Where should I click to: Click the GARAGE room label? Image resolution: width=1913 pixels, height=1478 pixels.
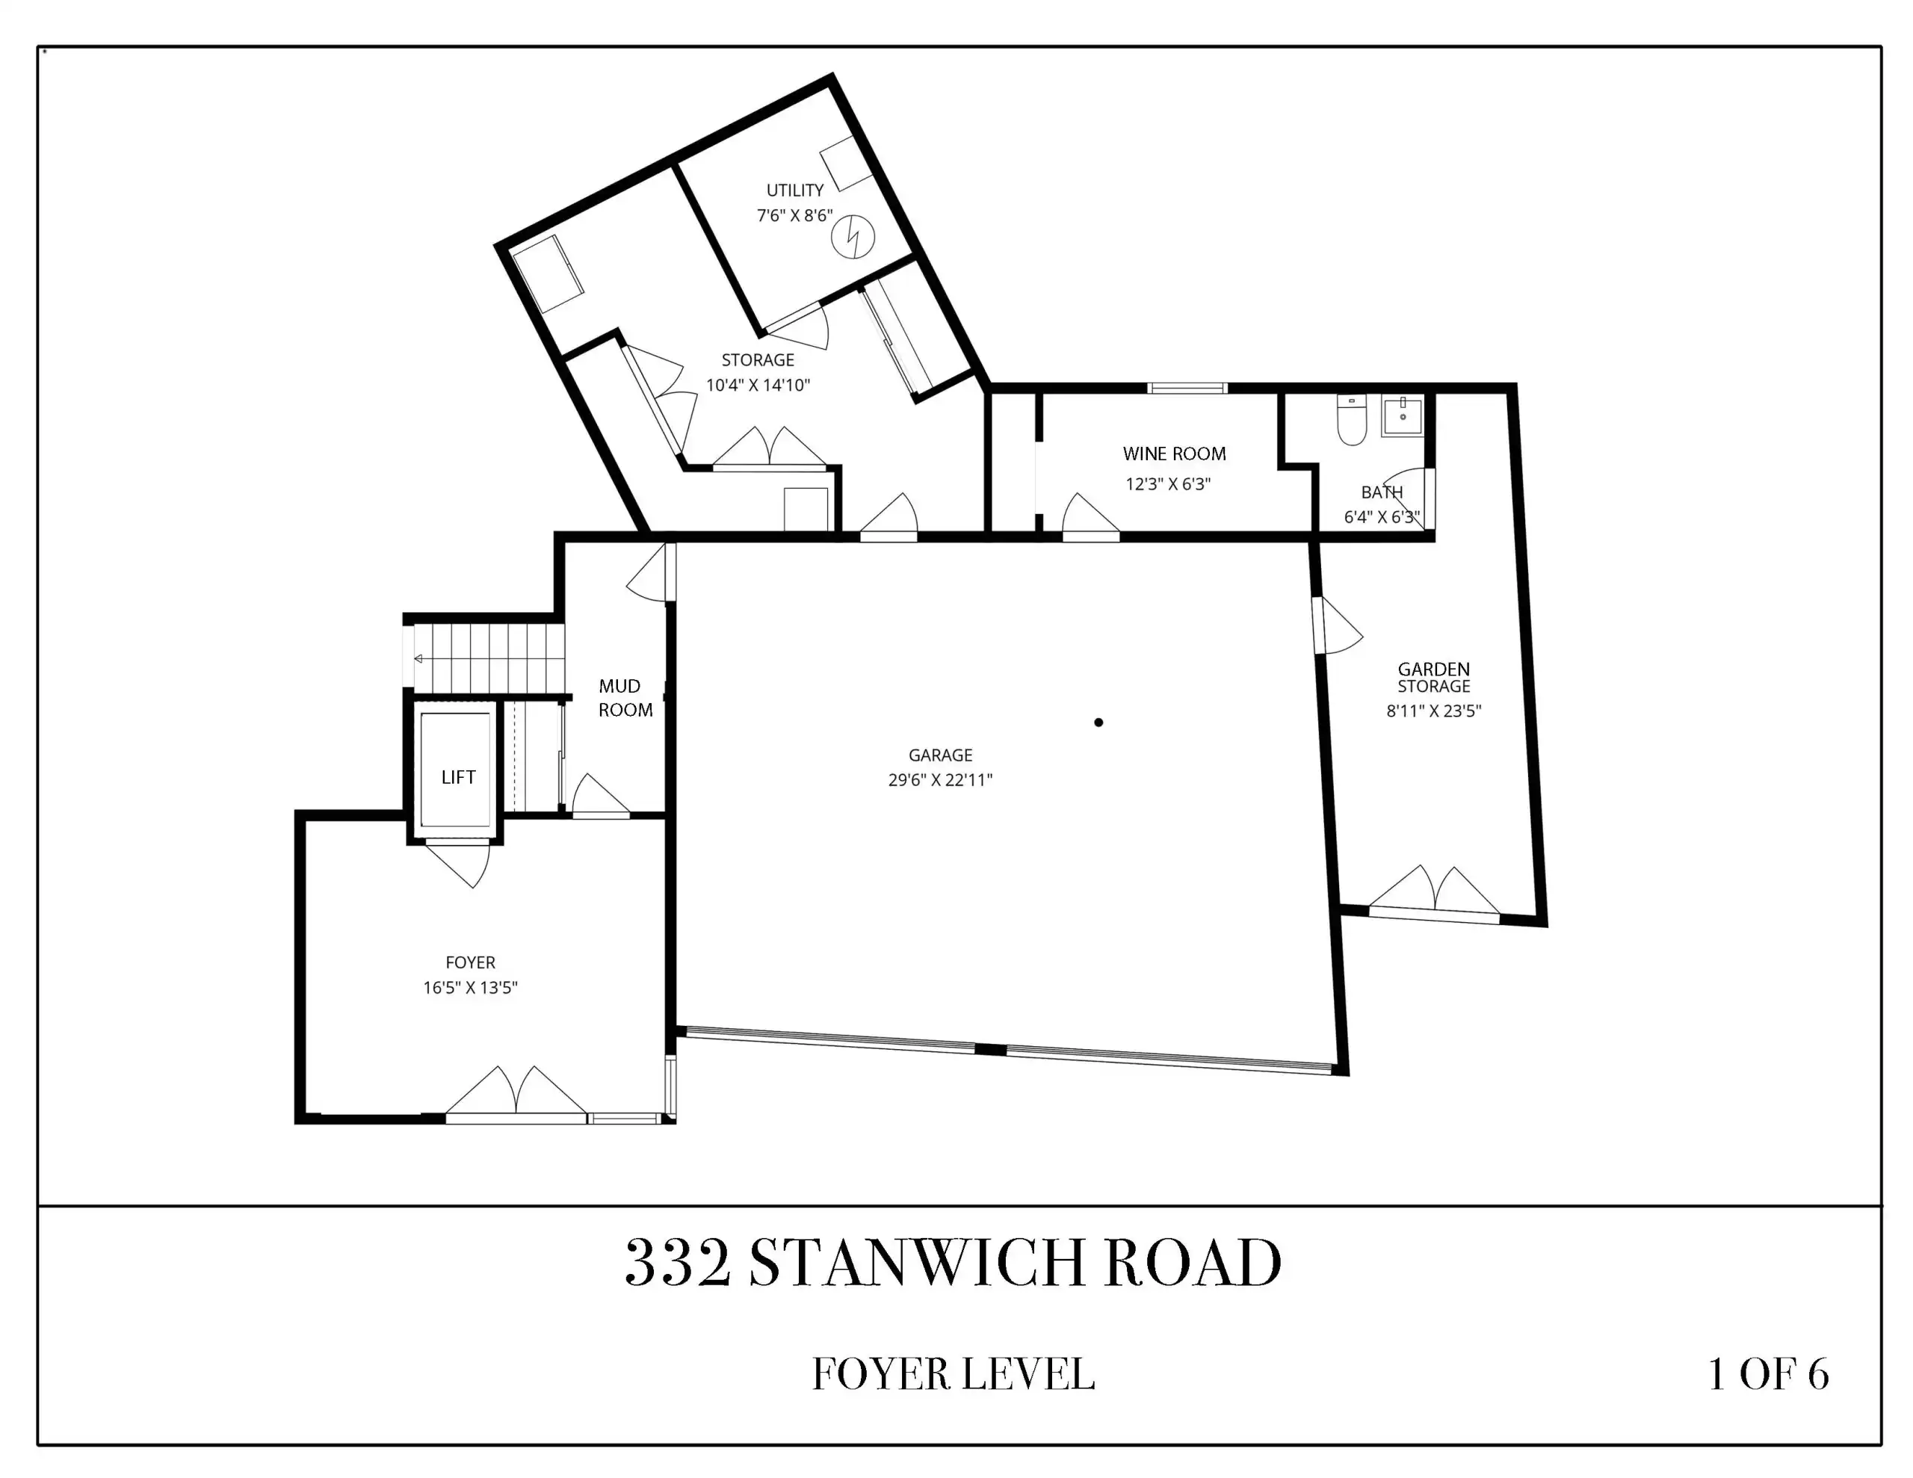tap(940, 755)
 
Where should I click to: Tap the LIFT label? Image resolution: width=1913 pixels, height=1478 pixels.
tap(458, 777)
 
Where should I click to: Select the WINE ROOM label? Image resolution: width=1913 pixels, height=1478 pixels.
tap(1174, 454)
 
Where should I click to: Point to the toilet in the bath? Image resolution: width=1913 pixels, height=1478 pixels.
tap(1353, 420)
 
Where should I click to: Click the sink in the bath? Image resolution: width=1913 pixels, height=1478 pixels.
tap(1403, 415)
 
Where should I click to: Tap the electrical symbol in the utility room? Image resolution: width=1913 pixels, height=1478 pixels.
tap(853, 237)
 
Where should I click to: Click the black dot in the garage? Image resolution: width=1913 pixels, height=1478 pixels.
tap(1098, 723)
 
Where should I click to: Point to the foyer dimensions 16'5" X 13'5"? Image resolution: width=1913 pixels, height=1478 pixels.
tap(470, 987)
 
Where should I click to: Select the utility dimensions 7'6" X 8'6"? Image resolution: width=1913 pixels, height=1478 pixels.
tap(794, 215)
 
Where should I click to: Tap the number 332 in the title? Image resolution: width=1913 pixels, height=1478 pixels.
tap(678, 1264)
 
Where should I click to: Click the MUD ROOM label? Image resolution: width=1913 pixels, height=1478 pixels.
tap(625, 698)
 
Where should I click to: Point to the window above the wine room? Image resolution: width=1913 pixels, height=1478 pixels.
tap(1187, 388)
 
